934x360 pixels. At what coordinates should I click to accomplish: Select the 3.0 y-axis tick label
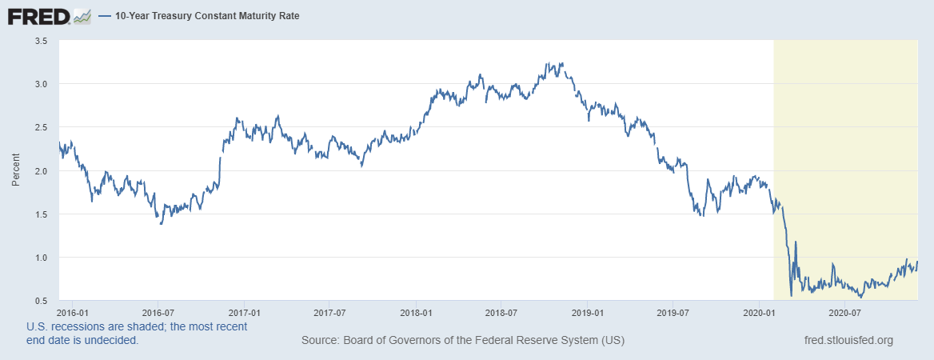coord(42,83)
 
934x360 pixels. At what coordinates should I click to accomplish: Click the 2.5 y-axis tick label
coord(42,127)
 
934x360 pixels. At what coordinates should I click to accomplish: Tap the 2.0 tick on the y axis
coord(42,170)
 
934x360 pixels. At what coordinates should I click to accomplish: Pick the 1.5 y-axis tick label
coord(42,214)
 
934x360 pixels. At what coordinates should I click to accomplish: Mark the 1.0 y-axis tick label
coord(42,258)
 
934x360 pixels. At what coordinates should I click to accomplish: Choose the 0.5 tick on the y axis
coord(42,301)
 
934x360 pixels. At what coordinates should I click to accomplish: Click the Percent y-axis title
coord(16,170)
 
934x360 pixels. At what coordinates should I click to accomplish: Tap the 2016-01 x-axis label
coord(73,312)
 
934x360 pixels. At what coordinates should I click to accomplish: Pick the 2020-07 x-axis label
coord(844,312)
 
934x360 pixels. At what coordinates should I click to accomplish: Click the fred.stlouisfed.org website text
coord(848,341)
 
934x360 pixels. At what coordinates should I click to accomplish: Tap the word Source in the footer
coord(319,341)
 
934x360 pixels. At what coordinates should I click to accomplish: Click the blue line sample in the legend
coord(106,15)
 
